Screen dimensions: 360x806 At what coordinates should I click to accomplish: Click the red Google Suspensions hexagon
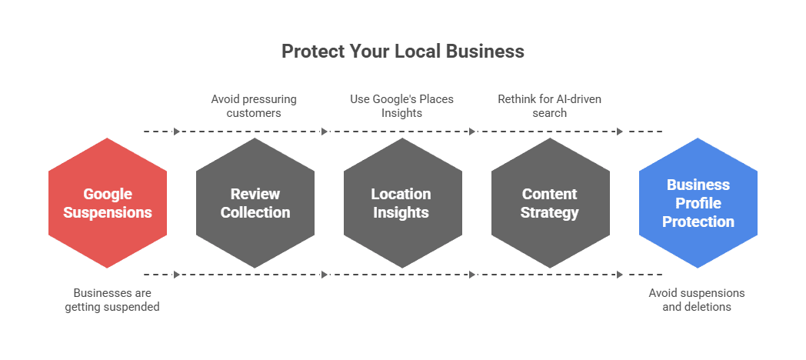click(x=108, y=203)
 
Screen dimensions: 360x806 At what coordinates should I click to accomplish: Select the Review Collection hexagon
click(x=255, y=203)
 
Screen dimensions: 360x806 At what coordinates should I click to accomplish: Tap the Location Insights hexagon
click(x=402, y=203)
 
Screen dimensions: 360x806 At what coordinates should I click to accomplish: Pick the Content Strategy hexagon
click(x=550, y=203)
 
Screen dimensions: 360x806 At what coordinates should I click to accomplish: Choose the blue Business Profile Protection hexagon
click(x=698, y=203)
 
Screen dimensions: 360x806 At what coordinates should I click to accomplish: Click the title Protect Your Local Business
click(x=402, y=52)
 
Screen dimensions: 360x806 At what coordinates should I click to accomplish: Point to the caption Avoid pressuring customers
click(x=254, y=106)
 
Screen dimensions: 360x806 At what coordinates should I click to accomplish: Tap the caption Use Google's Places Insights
click(x=402, y=106)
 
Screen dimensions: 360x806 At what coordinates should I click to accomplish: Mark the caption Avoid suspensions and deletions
click(x=697, y=300)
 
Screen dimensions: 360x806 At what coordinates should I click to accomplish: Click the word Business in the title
click(x=487, y=52)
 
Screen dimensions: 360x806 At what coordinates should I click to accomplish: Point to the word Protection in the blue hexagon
click(x=698, y=222)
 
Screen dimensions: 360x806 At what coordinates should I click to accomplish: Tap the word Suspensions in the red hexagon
click(x=108, y=212)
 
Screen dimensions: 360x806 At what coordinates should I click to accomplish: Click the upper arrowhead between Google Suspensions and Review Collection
click(x=178, y=132)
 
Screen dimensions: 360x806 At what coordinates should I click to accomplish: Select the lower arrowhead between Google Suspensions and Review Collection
click(x=178, y=274)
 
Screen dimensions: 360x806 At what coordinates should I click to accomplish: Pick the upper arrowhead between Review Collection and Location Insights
click(x=325, y=132)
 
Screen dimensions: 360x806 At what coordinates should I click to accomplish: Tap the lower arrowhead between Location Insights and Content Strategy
click(x=472, y=274)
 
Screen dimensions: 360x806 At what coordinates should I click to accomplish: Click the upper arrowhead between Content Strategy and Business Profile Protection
click(x=620, y=132)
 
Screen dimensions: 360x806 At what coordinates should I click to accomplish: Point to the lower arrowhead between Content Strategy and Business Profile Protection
click(x=620, y=274)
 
